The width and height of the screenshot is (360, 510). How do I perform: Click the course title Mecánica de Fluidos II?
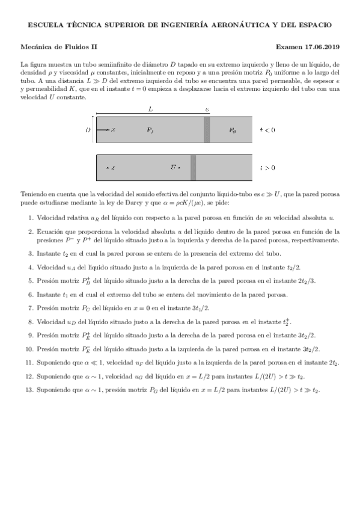click(x=58, y=46)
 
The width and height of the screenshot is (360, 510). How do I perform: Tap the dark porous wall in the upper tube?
click(x=207, y=129)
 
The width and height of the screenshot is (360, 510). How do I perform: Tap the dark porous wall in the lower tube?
click(x=193, y=168)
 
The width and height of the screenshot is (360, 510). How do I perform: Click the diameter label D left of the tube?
click(x=88, y=129)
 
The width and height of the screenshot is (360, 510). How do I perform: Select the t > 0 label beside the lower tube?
click(x=267, y=168)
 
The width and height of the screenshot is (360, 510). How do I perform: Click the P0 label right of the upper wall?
click(x=232, y=129)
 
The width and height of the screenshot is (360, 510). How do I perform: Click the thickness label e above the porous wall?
click(x=207, y=110)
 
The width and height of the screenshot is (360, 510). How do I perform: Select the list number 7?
click(x=31, y=307)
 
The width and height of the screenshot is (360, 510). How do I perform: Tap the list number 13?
click(x=29, y=390)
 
